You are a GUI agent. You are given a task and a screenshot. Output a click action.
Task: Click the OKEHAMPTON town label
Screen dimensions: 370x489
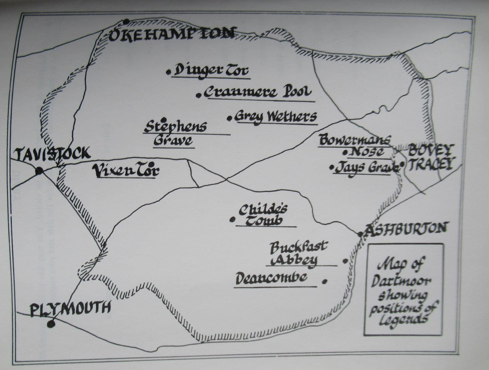tap(171, 34)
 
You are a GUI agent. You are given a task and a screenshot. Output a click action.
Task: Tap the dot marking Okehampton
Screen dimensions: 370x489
tap(126, 22)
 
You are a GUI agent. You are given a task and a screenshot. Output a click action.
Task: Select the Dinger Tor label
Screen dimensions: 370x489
tap(211, 71)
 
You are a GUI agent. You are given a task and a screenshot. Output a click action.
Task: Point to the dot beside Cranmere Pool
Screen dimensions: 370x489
tap(199, 95)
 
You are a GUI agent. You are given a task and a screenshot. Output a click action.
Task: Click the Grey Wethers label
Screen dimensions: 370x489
tap(276, 117)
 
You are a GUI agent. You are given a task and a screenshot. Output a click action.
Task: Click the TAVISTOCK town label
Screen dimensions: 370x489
tap(53, 154)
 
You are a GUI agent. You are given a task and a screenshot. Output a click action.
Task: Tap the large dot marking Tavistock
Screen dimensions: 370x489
tap(39, 171)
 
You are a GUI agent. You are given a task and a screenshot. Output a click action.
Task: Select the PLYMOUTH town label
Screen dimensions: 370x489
tap(71, 308)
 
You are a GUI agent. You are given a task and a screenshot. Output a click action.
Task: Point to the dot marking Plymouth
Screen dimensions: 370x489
tap(51, 324)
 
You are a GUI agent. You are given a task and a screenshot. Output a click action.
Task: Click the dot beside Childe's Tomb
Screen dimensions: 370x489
tap(233, 219)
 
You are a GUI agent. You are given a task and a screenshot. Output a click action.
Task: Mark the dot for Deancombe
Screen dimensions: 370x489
tap(325, 281)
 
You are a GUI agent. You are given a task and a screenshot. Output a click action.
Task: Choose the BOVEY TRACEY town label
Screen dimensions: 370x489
tap(430, 157)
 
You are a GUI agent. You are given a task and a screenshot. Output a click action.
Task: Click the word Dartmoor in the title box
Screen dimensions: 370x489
tap(401, 282)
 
